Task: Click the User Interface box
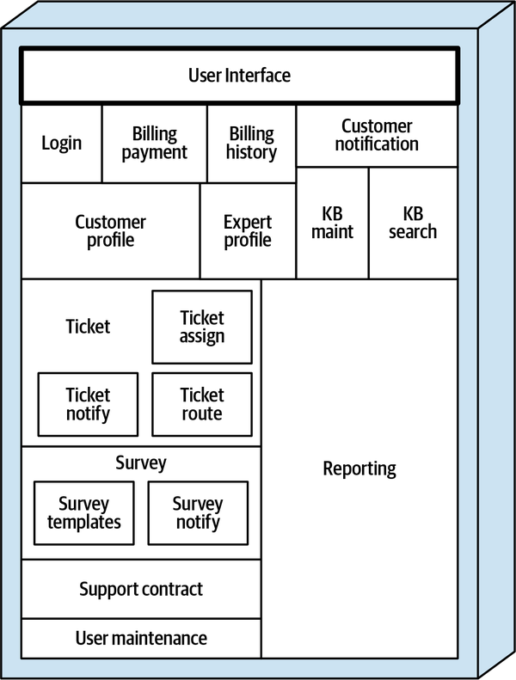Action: point(239,76)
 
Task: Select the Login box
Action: point(62,143)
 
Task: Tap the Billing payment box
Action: point(155,144)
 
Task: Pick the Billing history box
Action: point(251,144)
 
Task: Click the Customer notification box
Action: point(377,136)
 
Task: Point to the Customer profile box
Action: point(110,230)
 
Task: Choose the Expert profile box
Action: point(248,230)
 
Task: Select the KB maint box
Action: point(332,223)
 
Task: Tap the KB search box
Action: point(413,223)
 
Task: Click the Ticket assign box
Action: point(202,327)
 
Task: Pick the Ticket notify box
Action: point(88,404)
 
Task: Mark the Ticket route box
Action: point(202,404)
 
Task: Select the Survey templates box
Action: point(84,512)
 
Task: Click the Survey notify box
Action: point(198,512)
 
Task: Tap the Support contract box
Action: point(141,589)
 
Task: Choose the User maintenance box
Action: point(141,638)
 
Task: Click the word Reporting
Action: point(359,469)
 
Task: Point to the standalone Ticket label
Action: point(88,327)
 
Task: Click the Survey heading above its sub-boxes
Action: point(141,463)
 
